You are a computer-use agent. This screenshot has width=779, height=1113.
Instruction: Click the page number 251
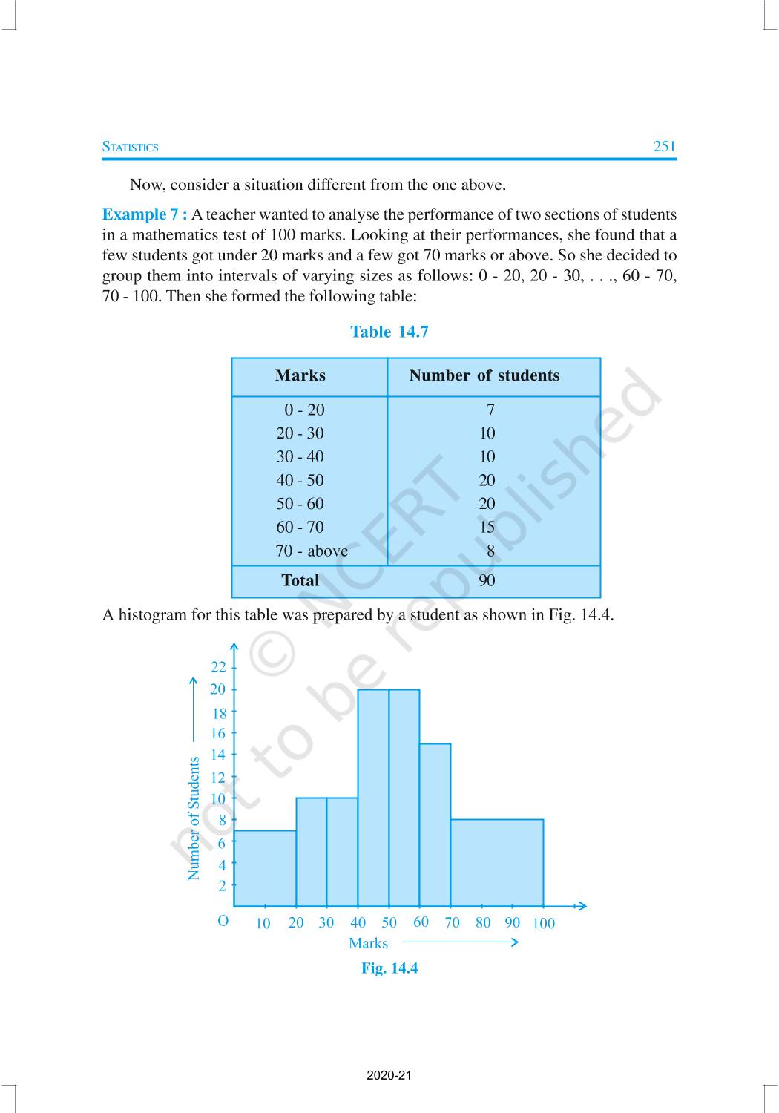(x=664, y=146)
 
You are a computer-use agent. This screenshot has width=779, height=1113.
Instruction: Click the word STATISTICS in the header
(x=130, y=147)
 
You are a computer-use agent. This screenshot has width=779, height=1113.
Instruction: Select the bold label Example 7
(x=144, y=214)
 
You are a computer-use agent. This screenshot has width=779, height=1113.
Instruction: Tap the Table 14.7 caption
(x=389, y=332)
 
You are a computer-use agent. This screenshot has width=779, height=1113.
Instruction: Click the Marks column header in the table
(x=300, y=375)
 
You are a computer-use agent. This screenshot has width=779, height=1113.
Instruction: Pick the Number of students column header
(x=484, y=375)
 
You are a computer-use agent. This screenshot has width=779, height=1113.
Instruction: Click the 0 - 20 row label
(x=303, y=410)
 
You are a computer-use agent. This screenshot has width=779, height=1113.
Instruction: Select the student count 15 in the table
(x=487, y=527)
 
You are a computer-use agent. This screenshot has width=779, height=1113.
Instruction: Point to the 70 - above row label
(x=311, y=551)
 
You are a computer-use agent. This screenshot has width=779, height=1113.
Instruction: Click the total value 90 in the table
(x=487, y=580)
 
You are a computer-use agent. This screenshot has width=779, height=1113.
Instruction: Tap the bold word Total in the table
(x=300, y=580)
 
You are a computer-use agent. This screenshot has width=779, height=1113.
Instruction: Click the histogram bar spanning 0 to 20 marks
(x=265, y=868)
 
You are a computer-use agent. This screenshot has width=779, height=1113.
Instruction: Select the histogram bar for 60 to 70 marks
(x=435, y=824)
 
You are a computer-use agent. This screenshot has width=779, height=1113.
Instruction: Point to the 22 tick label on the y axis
(x=217, y=667)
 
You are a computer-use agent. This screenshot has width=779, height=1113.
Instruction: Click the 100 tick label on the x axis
(x=543, y=923)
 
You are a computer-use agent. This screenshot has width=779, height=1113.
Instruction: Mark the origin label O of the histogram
(x=223, y=921)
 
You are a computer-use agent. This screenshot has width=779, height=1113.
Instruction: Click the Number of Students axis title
(x=194, y=818)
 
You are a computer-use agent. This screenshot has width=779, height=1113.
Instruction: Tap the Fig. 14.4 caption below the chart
(x=389, y=968)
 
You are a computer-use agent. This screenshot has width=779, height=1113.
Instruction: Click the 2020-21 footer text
(x=389, y=1075)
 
